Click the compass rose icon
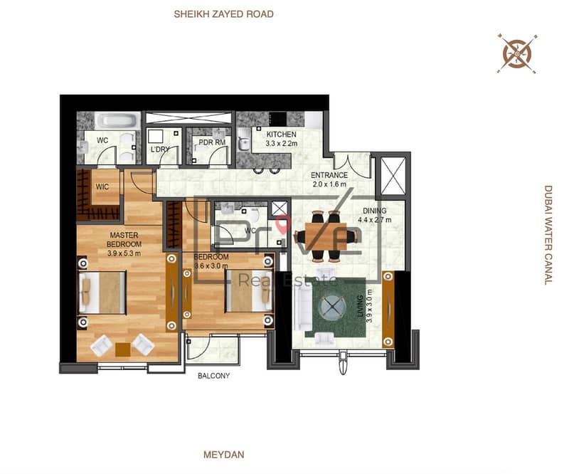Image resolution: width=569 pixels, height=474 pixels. click(x=517, y=54)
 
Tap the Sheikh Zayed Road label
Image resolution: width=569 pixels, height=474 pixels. click(x=223, y=14)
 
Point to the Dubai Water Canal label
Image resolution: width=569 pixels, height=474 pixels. click(x=548, y=235)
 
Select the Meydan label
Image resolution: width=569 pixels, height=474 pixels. click(x=223, y=454)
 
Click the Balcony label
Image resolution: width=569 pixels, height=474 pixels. click(x=214, y=376)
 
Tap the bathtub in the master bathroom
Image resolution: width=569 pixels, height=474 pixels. click(x=117, y=120)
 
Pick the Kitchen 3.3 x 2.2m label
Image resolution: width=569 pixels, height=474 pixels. click(x=281, y=139)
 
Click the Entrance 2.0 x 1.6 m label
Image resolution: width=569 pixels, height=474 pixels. click(x=329, y=179)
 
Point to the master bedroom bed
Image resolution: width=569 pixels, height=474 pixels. click(x=102, y=293)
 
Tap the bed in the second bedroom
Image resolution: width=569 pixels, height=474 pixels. click(x=249, y=290)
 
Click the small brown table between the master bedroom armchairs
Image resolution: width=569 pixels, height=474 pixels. click(x=122, y=349)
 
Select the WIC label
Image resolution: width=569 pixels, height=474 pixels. click(x=102, y=186)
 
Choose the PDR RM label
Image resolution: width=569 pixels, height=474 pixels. click(x=212, y=142)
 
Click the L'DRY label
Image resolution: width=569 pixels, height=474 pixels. click(x=160, y=149)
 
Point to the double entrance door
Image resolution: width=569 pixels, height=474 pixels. click(x=352, y=166)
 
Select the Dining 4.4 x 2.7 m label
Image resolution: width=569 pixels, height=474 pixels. click(x=375, y=215)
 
